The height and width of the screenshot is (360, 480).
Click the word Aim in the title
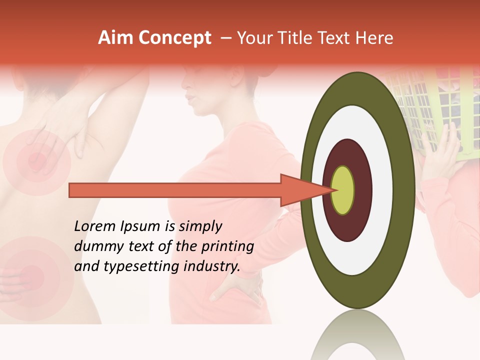click(115, 38)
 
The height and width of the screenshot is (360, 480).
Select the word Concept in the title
click(175, 38)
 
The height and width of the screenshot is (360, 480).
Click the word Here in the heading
click(375, 38)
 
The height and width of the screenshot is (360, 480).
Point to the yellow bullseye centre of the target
click(343, 190)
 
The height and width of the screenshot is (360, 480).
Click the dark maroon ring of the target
click(362, 190)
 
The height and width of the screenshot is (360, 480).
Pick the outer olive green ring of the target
click(406, 190)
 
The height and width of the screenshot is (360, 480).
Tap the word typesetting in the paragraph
click(131, 267)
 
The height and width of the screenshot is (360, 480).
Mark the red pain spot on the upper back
click(36, 161)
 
